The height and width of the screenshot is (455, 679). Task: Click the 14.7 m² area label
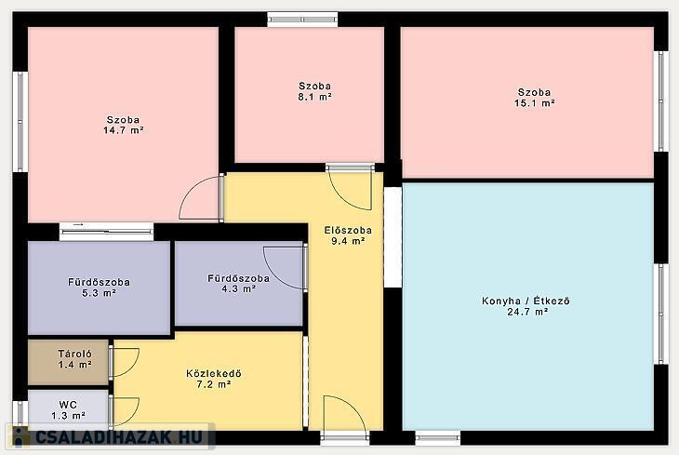(124, 130)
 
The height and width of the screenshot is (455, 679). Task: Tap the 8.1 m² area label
(314, 97)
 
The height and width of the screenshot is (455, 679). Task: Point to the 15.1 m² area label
(535, 103)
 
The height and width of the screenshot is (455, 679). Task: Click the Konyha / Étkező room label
(526, 301)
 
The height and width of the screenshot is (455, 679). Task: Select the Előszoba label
(348, 231)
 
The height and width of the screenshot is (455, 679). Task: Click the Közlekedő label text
(214, 373)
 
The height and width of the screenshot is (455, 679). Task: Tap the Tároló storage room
(68, 362)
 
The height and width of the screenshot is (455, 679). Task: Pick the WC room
(68, 408)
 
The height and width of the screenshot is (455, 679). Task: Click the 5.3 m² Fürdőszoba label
(99, 288)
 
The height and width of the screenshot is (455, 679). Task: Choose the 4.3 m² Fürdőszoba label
(239, 284)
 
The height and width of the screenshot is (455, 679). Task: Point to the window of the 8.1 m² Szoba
(302, 20)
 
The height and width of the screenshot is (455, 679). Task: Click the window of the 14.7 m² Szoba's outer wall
(20, 121)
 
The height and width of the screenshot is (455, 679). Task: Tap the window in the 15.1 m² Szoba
(660, 101)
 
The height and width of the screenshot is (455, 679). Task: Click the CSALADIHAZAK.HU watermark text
(118, 436)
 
